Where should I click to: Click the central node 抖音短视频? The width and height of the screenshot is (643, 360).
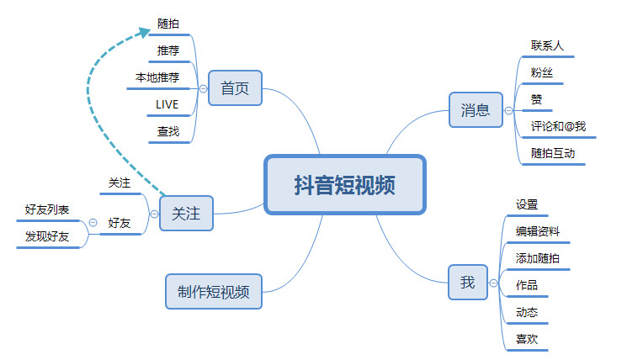click(x=345, y=185)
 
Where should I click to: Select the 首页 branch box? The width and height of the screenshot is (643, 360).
click(x=235, y=88)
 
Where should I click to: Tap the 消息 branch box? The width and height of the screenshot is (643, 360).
click(x=475, y=109)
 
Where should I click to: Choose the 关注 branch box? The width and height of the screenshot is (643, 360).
click(x=186, y=214)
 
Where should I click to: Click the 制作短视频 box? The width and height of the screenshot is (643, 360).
click(x=213, y=292)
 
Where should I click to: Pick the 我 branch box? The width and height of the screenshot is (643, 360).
click(x=467, y=283)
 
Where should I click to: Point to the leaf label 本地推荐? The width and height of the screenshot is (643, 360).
click(x=157, y=77)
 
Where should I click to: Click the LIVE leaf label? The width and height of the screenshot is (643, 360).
click(x=167, y=104)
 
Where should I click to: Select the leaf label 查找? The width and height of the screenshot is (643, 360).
click(x=167, y=131)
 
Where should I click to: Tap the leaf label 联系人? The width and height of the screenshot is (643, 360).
click(x=547, y=45)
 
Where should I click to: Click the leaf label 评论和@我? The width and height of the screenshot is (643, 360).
click(x=558, y=126)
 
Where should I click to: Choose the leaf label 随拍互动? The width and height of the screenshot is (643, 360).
click(x=553, y=153)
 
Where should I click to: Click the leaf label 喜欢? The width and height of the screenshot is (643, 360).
click(x=527, y=339)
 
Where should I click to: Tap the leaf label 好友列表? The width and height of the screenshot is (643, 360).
click(x=47, y=209)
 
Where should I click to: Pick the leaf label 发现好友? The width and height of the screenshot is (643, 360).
click(x=47, y=236)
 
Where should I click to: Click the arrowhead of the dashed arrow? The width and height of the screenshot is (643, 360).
click(x=146, y=33)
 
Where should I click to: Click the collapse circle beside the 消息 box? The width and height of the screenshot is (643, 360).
click(x=507, y=110)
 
